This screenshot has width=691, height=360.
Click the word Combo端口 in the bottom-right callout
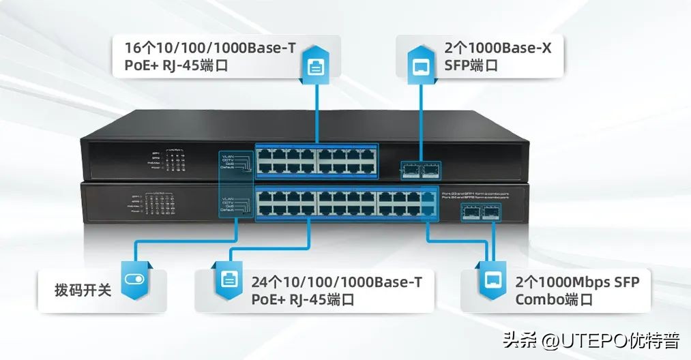point(553,299)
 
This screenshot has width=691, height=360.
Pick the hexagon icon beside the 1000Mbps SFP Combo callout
point(490,279)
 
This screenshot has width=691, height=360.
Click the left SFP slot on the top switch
point(413,170)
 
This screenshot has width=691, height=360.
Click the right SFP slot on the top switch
point(431,170)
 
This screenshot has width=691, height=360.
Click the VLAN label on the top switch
point(229,155)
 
